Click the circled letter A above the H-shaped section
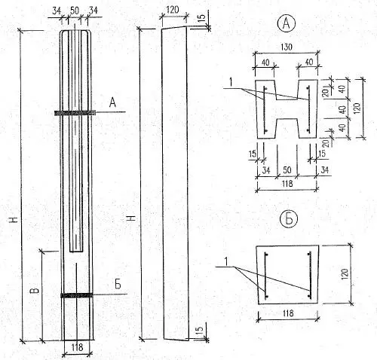click(x=287, y=23)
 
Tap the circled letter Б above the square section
click(x=289, y=218)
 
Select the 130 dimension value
click(x=287, y=47)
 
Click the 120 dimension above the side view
click(x=173, y=10)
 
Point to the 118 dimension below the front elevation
click(x=77, y=347)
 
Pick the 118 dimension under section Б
click(x=288, y=313)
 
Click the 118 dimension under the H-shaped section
click(x=287, y=184)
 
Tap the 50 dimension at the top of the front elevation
click(x=75, y=11)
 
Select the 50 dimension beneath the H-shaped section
click(x=287, y=170)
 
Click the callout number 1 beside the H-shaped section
click(x=231, y=82)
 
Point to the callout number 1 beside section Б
click(x=226, y=261)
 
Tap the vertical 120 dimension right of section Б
click(x=345, y=274)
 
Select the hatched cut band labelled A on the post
click(x=75, y=113)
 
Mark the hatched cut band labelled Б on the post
click(x=77, y=295)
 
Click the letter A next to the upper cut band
click(x=112, y=102)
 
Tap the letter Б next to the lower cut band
click(x=118, y=284)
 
